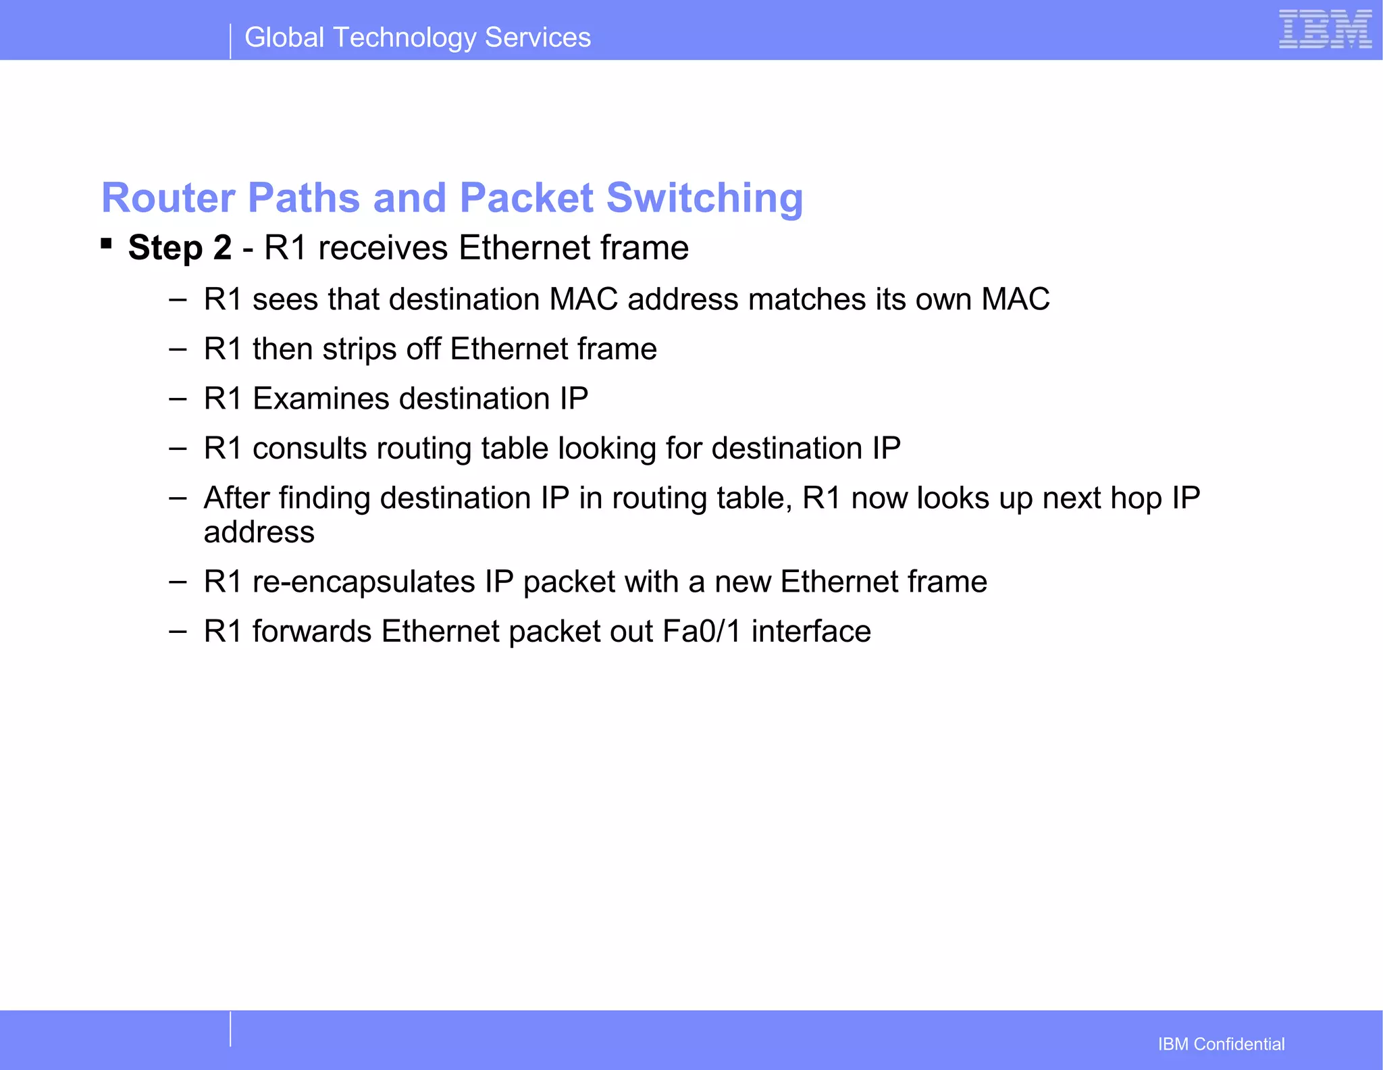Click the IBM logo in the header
[1324, 30]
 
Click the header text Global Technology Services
[417, 38]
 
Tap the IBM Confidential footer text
[1221, 1044]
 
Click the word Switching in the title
[704, 199]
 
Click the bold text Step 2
[180, 248]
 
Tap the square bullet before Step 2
[106, 243]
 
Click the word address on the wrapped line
[259, 533]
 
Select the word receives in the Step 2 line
[383, 248]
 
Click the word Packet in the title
[526, 199]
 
